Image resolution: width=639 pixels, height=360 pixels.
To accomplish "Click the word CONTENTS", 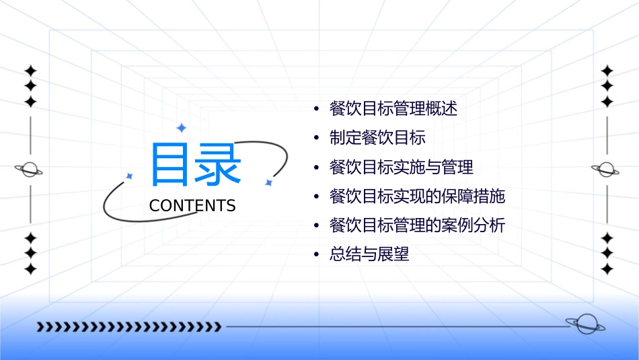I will tap(192, 206).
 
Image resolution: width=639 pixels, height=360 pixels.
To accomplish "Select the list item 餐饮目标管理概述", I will tap(393, 109).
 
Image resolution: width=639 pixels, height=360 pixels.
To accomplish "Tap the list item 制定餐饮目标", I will tap(377, 138).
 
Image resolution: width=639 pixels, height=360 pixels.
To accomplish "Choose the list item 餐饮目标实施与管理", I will tap(401, 167).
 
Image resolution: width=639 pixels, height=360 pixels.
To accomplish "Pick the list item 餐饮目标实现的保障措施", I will tap(417, 196).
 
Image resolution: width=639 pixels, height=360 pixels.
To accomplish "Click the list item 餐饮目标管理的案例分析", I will tap(417, 225).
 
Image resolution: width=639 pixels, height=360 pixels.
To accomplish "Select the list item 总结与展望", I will tap(369, 255).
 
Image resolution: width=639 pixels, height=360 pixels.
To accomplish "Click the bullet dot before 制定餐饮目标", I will tap(316, 139).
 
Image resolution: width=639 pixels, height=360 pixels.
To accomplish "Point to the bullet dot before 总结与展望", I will tap(316, 255).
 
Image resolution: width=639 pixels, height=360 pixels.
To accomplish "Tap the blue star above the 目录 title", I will tap(180, 128).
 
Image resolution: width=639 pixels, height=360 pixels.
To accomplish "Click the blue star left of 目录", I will tap(130, 176).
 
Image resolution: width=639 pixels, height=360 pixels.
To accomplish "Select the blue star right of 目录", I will tap(268, 182).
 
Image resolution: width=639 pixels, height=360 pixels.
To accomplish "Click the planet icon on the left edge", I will tap(29, 170).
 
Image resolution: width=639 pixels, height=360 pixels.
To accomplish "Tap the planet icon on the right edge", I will tap(606, 170).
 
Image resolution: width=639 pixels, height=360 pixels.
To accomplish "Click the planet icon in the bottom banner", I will tap(585, 324).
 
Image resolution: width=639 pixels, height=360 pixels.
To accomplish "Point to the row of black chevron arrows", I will tap(128, 327).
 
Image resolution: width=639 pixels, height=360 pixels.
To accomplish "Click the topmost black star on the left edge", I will tap(30, 71).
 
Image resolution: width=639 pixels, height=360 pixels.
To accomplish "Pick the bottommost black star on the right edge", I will tap(607, 269).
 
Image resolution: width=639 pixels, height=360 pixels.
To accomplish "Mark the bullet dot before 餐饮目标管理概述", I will tap(316, 109).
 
